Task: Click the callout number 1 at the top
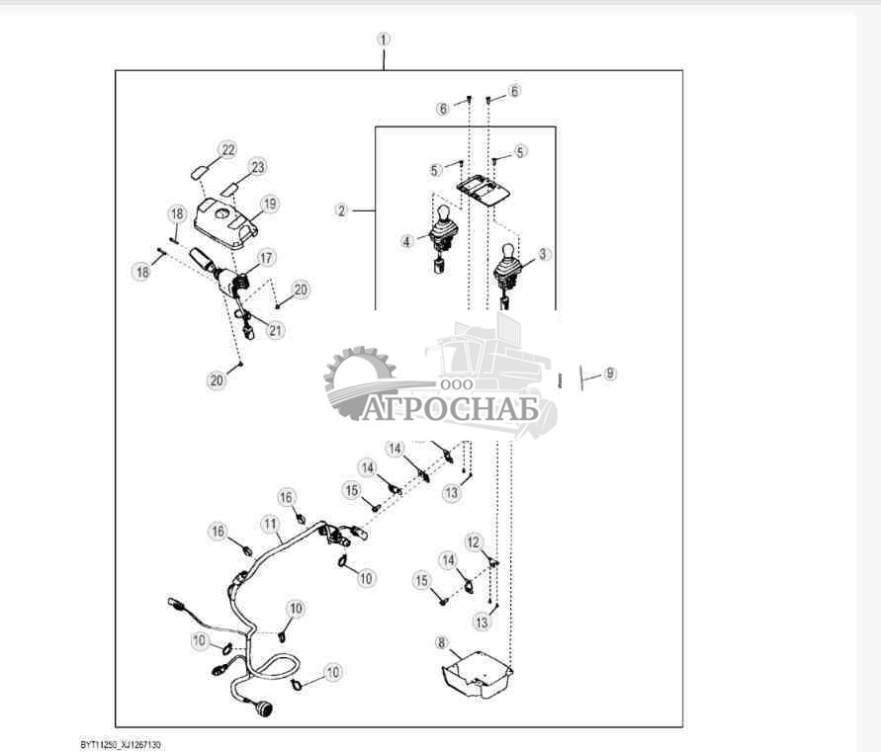tap(384, 40)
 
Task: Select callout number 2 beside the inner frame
tap(341, 210)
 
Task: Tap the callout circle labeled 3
tap(543, 254)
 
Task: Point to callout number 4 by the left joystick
tap(406, 240)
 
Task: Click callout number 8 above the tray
tap(441, 643)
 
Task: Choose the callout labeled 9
tap(610, 374)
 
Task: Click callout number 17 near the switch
tap(267, 257)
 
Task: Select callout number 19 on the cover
tap(269, 205)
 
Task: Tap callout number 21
tap(276, 331)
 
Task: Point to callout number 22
tap(228, 150)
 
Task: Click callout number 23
tap(258, 167)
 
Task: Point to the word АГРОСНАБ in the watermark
tap(450, 408)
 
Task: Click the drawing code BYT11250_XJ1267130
tap(121, 743)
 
